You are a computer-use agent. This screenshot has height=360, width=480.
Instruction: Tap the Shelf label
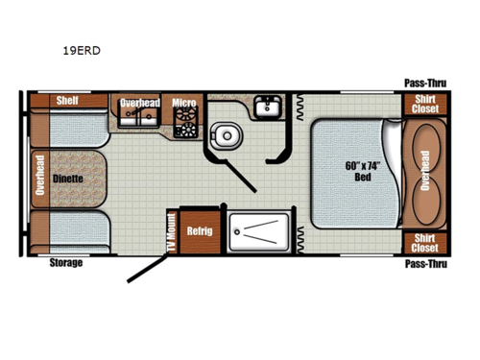click(x=65, y=101)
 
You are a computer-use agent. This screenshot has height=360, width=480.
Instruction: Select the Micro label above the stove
click(x=183, y=102)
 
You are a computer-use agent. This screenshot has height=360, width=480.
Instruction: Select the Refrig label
click(x=200, y=231)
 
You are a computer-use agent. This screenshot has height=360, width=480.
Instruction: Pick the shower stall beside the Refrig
click(x=257, y=231)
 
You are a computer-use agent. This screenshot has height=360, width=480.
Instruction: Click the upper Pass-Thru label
click(x=423, y=84)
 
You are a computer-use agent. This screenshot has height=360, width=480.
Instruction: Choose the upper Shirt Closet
click(x=425, y=105)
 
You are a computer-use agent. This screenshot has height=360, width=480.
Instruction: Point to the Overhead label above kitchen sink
click(x=140, y=102)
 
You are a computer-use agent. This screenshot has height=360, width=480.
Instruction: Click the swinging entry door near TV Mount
click(x=149, y=259)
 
